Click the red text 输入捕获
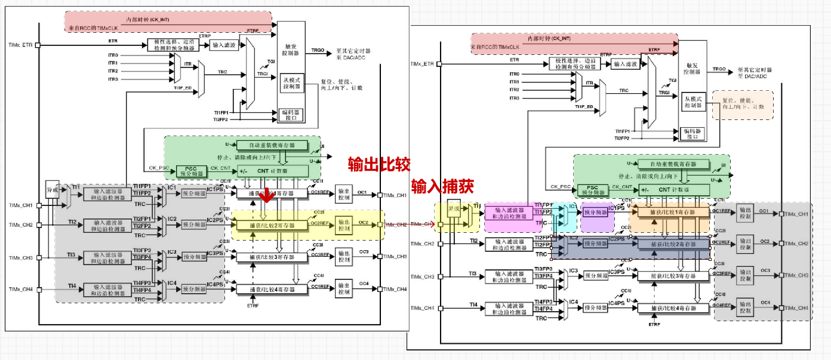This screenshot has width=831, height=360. (x=442, y=186)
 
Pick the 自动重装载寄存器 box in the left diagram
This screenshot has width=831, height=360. (x=272, y=145)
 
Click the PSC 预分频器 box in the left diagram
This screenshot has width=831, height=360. (x=190, y=171)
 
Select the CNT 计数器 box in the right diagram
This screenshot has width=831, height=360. (x=675, y=190)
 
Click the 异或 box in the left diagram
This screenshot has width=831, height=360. (x=53, y=190)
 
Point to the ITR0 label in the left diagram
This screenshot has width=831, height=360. (x=113, y=55)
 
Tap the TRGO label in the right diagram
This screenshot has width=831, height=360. (x=719, y=69)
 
